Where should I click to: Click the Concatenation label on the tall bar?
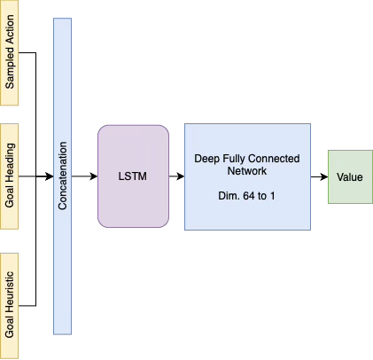(x=63, y=177)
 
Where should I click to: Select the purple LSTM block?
(x=133, y=176)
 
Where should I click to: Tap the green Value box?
(x=349, y=176)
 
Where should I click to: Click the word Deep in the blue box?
(x=206, y=158)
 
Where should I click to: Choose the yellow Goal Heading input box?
(x=9, y=176)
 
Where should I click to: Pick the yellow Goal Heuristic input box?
(x=9, y=305)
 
